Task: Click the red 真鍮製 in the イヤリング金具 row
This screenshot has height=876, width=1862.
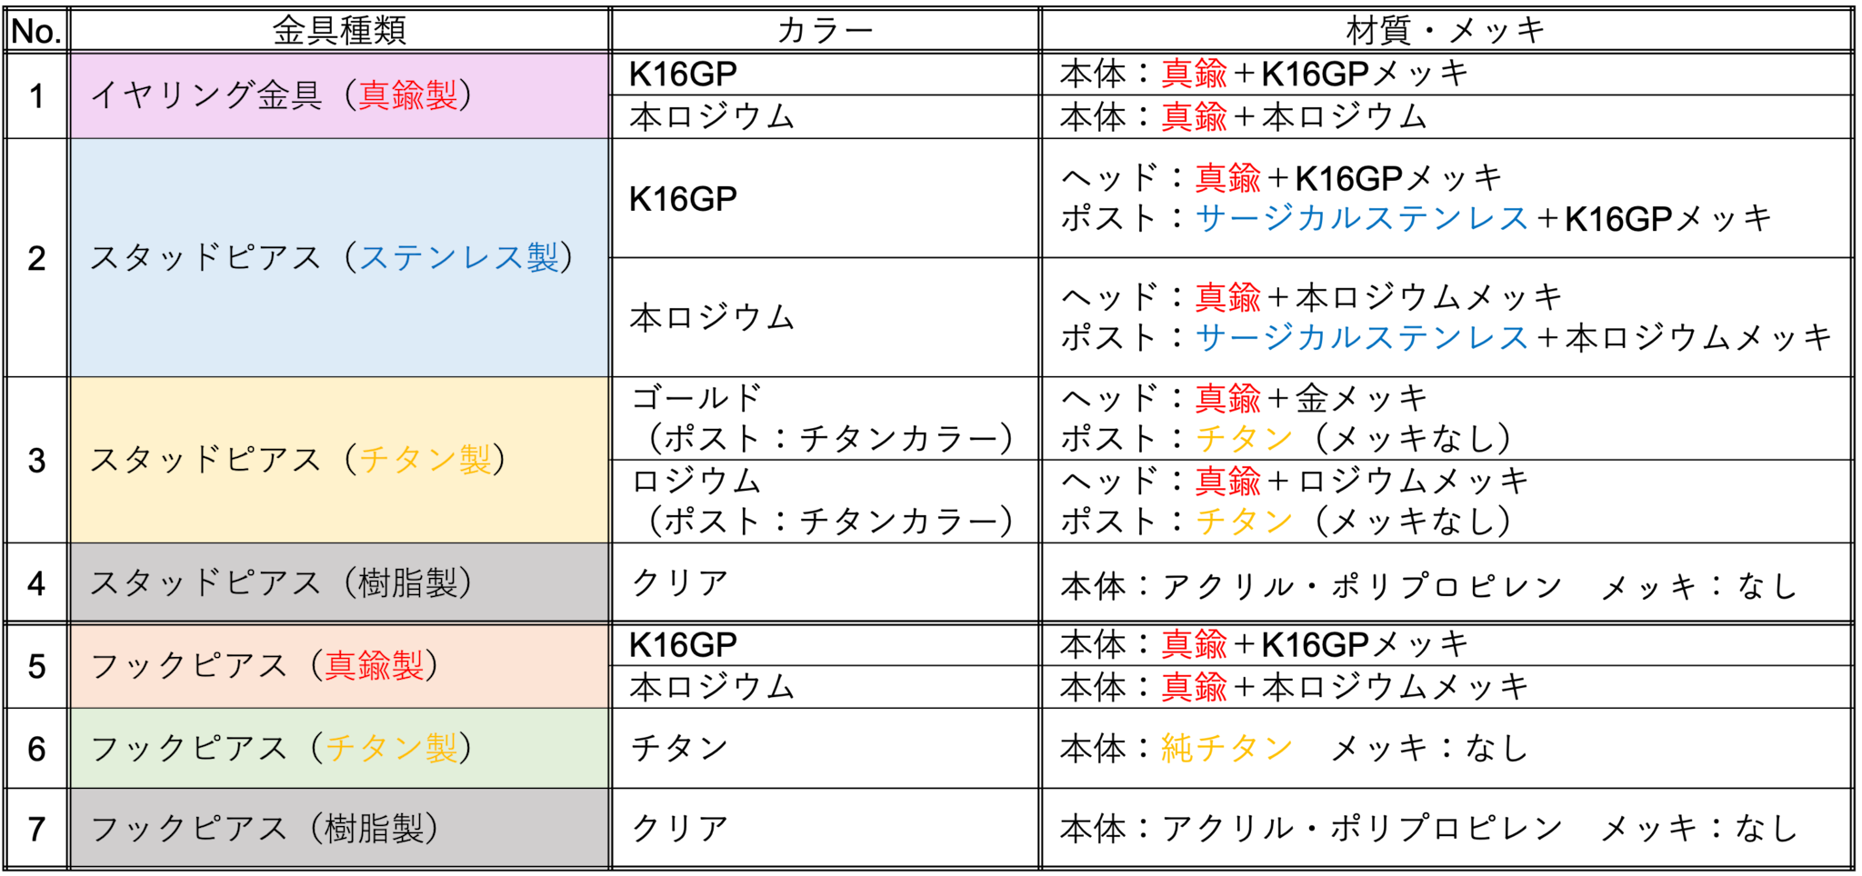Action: tap(407, 95)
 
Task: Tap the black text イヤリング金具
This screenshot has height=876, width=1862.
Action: tap(206, 95)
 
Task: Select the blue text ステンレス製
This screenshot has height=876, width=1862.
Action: tap(459, 258)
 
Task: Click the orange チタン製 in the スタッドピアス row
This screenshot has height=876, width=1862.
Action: tap(425, 460)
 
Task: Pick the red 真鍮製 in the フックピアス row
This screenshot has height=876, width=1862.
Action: tap(374, 666)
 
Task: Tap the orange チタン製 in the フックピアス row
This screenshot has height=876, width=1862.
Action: tap(391, 749)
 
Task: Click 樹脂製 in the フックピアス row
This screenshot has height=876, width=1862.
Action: tap(374, 829)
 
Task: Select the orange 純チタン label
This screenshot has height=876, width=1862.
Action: tap(1226, 748)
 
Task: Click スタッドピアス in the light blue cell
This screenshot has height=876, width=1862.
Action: tap(205, 258)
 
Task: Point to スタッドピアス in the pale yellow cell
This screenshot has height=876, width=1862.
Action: tap(205, 460)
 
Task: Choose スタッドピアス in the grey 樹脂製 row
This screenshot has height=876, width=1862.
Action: tap(205, 582)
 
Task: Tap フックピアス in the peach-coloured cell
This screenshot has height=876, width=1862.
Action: tap(189, 666)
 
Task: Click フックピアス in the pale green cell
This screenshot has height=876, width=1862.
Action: tap(189, 749)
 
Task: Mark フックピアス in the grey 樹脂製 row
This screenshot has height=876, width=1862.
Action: tap(189, 829)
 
